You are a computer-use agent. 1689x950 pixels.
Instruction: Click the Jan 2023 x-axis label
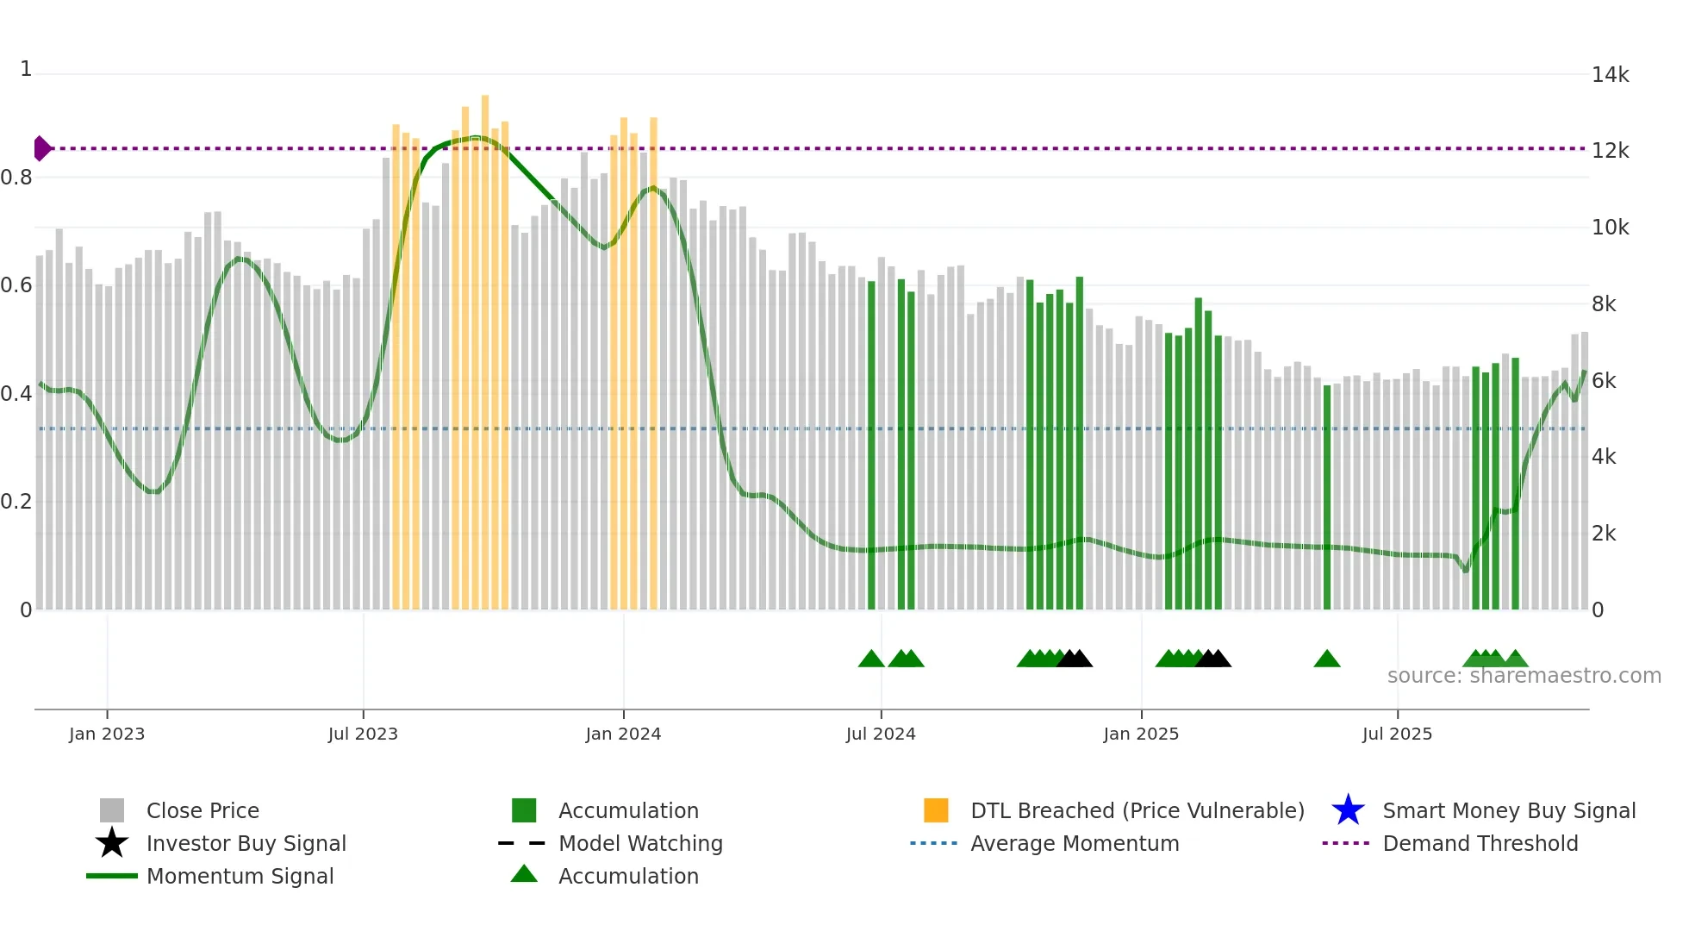tap(107, 734)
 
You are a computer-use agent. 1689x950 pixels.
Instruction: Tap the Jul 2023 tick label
tap(363, 734)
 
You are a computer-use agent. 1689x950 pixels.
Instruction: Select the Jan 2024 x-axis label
tap(623, 734)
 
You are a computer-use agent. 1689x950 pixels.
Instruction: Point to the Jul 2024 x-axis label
tap(881, 734)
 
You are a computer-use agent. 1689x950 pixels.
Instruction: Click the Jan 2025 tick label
tap(1141, 734)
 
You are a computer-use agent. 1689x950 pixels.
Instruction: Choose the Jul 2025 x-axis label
tap(1397, 734)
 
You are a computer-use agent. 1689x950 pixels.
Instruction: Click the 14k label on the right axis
tap(1610, 75)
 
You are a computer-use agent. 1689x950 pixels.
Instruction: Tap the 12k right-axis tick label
tap(1610, 151)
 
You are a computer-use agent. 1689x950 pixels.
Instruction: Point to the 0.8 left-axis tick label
tap(16, 178)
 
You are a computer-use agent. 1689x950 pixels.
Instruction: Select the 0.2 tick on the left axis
tap(16, 502)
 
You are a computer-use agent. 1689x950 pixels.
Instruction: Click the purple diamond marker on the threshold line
tap(41, 148)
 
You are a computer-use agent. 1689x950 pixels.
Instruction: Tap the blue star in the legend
tap(1348, 810)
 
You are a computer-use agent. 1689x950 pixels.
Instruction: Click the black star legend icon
tap(112, 843)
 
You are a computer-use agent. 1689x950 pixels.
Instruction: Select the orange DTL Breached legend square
tap(936, 810)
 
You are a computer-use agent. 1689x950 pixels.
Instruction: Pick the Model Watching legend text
tap(640, 844)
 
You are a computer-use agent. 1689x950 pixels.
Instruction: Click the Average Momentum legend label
tap(1075, 844)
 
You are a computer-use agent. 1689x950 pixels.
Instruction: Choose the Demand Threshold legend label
tap(1480, 844)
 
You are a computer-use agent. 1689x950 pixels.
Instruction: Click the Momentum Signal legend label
tap(240, 877)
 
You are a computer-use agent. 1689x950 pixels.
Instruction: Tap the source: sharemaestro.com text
tap(1524, 676)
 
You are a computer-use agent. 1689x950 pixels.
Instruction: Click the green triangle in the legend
tap(524, 874)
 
